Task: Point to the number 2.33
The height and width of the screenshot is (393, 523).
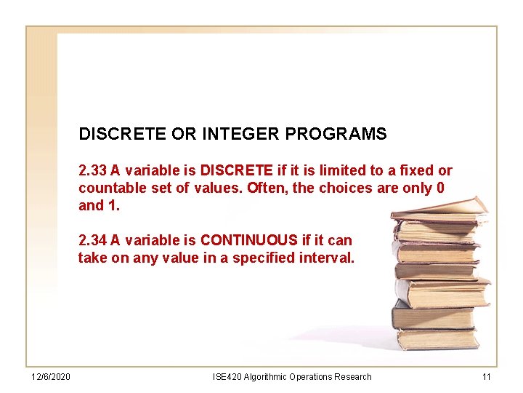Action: [x=92, y=171]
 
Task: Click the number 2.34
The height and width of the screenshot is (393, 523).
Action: [x=92, y=240]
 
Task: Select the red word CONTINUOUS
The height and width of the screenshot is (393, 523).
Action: [x=249, y=240]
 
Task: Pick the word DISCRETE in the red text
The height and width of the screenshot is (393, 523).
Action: [x=237, y=171]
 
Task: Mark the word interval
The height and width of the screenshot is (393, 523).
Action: [x=328, y=258]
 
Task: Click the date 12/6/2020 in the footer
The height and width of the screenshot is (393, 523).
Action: [x=50, y=377]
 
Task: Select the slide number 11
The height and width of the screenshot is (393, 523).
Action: [x=487, y=377]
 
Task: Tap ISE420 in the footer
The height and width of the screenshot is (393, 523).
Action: [x=227, y=377]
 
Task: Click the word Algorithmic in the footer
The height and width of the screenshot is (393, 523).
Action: [x=266, y=377]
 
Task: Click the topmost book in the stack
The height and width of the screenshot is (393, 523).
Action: [x=439, y=208]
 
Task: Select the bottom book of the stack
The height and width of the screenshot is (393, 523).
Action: [x=437, y=338]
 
